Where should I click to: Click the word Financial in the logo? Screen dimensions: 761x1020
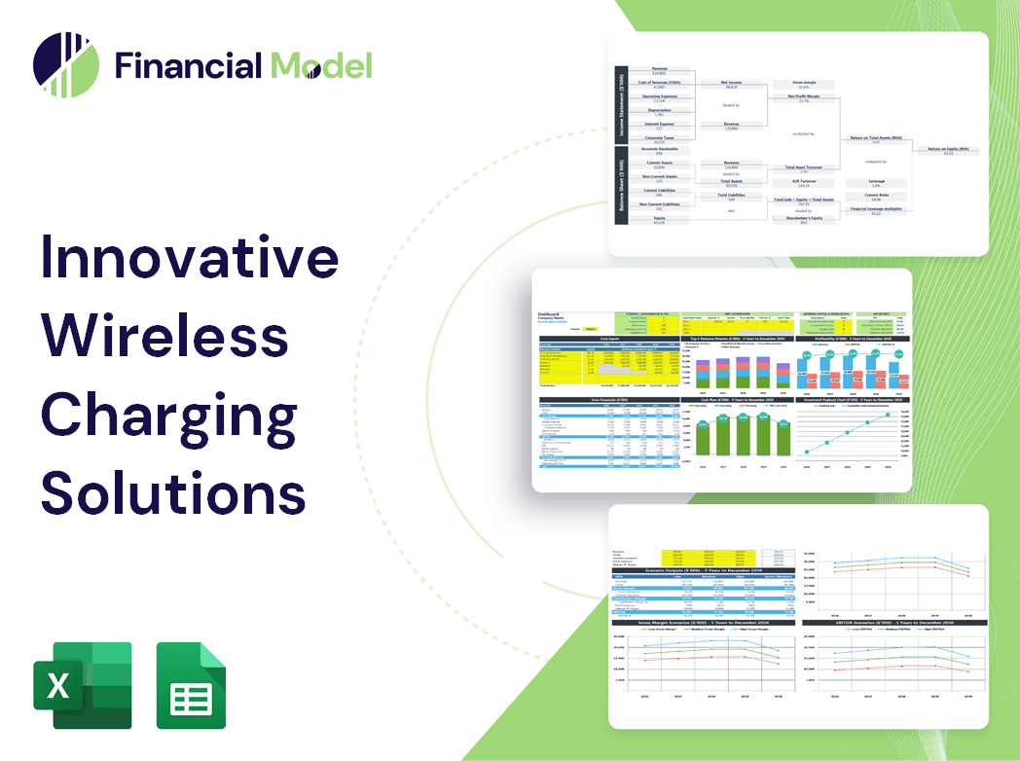point(188,65)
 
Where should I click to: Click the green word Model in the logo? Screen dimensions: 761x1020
point(321,65)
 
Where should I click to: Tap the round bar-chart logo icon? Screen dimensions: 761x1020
point(65,65)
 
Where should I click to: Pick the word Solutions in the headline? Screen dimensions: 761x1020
point(172,491)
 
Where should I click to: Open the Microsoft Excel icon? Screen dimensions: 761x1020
point(83,685)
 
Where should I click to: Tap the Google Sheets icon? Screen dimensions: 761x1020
point(192,685)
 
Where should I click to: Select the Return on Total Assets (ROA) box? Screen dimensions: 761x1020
point(876,140)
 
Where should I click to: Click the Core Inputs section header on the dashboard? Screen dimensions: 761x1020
point(609,339)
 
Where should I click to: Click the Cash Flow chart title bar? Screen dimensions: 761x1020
point(737,400)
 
